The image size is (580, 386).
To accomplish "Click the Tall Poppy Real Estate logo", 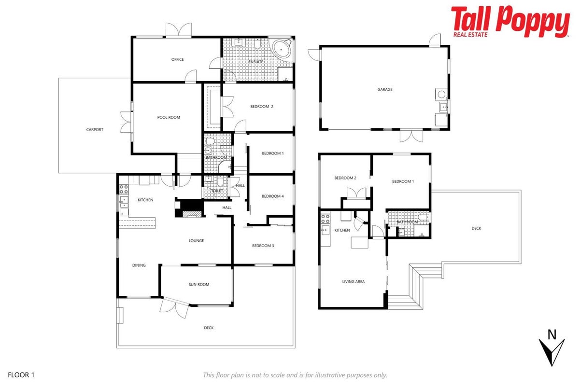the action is pyautogui.click(x=510, y=22).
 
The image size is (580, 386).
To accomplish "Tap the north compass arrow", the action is pyautogui.click(x=552, y=352).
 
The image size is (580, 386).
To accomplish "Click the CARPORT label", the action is pyautogui.click(x=95, y=130).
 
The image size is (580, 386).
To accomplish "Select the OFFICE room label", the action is pyautogui.click(x=177, y=59).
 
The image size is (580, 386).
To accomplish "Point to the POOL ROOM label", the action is pyautogui.click(x=169, y=117).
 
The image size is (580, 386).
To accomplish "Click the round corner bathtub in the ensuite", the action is pyautogui.click(x=281, y=49).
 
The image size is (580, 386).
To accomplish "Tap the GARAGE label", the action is pyautogui.click(x=385, y=90).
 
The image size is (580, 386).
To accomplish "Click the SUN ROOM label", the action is pyautogui.click(x=199, y=285).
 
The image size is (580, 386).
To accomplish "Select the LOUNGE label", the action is pyautogui.click(x=196, y=241).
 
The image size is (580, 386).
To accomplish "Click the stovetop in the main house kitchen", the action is pyautogui.click(x=124, y=189).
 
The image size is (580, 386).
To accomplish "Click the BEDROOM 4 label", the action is pyautogui.click(x=273, y=196).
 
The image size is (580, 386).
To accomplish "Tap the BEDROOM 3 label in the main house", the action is pyautogui.click(x=263, y=246).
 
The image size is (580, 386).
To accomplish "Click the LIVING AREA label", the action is pyautogui.click(x=354, y=282).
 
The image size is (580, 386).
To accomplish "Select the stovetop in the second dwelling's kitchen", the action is pyautogui.click(x=325, y=219).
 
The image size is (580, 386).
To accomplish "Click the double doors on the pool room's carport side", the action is pyautogui.click(x=127, y=123).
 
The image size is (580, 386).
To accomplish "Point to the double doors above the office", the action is pyautogui.click(x=179, y=30).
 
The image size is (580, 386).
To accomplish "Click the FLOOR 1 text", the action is pyautogui.click(x=21, y=375).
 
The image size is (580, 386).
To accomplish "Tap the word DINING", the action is pyautogui.click(x=139, y=265).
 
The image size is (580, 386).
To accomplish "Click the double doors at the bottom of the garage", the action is pyautogui.click(x=411, y=136).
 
